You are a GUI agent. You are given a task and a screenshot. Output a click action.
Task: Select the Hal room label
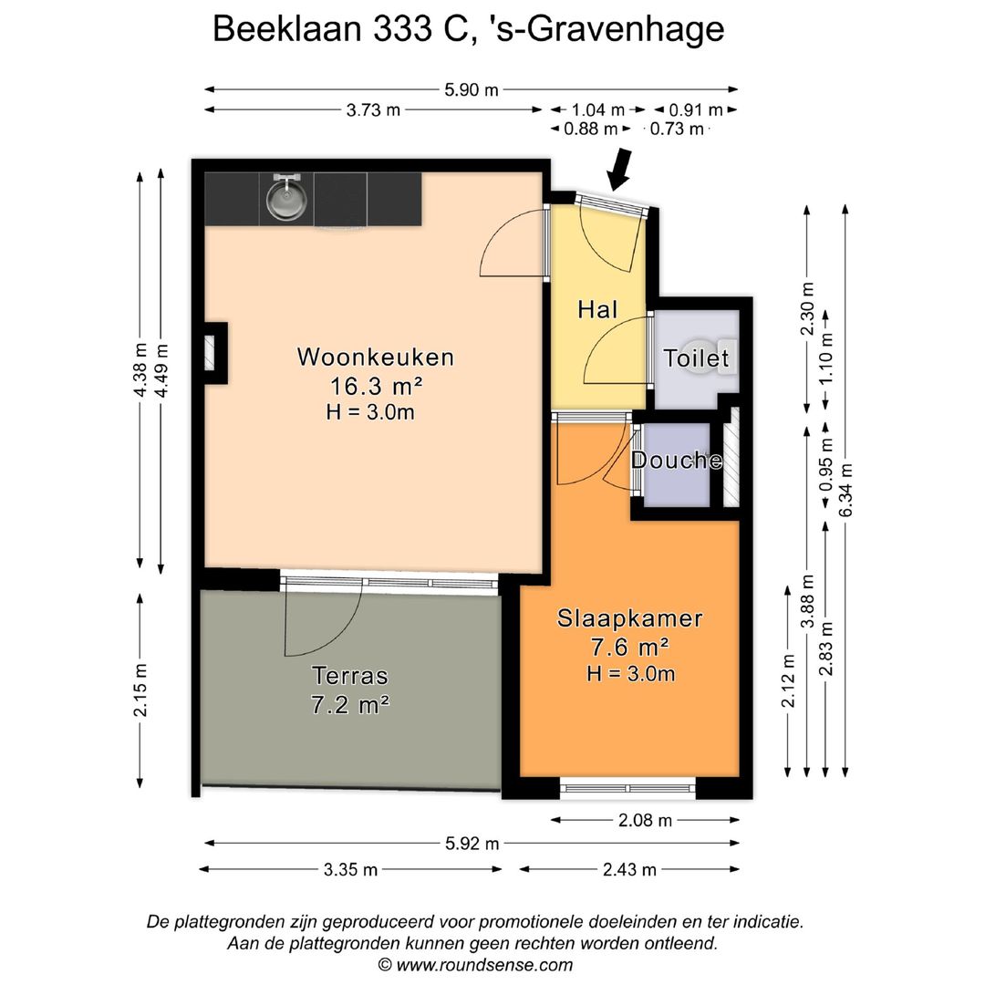[597, 309]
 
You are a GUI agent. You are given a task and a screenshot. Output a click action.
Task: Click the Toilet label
[697, 358]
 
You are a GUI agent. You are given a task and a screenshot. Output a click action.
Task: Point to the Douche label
[677, 461]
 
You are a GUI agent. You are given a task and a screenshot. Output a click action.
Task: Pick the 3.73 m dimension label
[373, 110]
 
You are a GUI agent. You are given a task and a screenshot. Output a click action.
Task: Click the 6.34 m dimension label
[847, 489]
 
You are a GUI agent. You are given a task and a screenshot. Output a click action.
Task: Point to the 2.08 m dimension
[644, 820]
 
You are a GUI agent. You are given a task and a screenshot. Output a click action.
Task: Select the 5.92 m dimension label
[472, 843]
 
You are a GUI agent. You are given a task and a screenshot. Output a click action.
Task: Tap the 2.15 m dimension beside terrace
[140, 689]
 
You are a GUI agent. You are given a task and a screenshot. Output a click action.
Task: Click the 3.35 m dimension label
[350, 869]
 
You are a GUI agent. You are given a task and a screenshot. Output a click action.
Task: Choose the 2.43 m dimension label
[629, 869]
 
